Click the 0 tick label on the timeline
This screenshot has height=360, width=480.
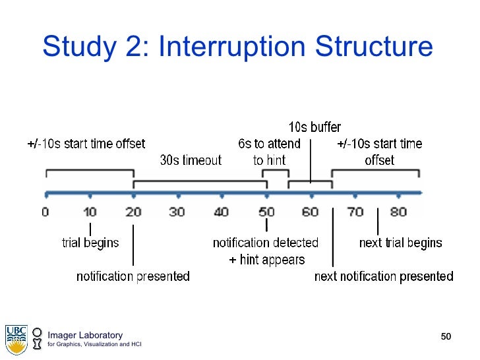[45, 212]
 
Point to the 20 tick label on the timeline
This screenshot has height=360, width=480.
[134, 212]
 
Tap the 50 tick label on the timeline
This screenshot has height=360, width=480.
[266, 212]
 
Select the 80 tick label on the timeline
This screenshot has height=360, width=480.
[399, 212]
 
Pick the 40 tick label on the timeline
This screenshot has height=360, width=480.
[222, 212]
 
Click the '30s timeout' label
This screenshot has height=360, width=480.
[191, 160]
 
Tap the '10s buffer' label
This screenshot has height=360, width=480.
[315, 127]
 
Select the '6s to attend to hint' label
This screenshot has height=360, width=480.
[269, 152]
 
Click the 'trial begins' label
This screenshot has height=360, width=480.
[90, 243]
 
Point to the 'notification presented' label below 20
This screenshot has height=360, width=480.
[133, 276]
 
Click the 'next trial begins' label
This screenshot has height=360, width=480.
[400, 243]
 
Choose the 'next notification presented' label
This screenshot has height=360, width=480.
[384, 276]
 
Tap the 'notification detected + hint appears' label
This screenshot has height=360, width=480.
[266, 251]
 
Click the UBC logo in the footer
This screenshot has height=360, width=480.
[16, 338]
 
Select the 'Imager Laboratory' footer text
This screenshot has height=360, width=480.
[84, 335]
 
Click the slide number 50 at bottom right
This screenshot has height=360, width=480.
[446, 338]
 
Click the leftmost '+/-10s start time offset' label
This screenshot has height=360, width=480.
[86, 144]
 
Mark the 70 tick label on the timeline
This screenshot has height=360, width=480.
[355, 212]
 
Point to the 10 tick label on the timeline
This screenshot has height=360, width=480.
[90, 212]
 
